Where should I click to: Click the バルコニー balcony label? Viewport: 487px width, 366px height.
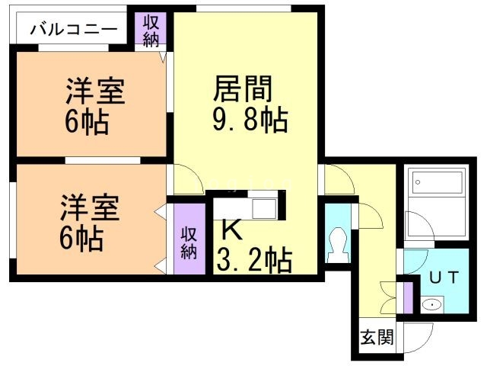point(74,30)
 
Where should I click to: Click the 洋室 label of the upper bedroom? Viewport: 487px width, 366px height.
point(95,92)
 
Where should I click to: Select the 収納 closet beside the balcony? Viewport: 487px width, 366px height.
point(151,30)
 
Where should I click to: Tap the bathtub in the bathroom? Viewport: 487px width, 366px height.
point(437,183)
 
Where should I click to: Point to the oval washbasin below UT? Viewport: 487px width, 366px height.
point(431,306)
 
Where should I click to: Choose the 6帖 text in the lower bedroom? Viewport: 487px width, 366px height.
point(82,239)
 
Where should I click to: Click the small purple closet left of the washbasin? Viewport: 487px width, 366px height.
point(409,297)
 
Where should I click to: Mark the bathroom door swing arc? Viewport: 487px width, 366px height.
point(418,226)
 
